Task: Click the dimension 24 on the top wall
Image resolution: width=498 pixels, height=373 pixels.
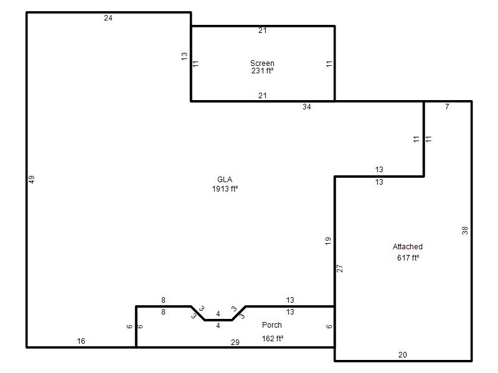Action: click(108, 18)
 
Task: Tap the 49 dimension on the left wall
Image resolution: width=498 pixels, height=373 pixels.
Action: click(32, 180)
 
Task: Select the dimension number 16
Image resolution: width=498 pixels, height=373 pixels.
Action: click(81, 341)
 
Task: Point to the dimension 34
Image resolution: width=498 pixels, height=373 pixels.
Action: click(306, 107)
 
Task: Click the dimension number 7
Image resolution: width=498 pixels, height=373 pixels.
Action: click(447, 106)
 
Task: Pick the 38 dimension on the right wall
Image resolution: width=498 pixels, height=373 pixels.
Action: click(465, 230)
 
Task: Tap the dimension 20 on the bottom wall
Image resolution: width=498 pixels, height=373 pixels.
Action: click(402, 354)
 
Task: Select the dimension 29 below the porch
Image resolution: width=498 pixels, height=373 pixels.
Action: click(235, 343)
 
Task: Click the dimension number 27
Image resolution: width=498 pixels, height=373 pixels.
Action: click(340, 269)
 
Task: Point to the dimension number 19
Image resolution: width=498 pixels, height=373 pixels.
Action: click(328, 241)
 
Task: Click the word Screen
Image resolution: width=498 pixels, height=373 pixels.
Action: click(262, 63)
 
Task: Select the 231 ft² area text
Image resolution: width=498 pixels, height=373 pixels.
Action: click(262, 71)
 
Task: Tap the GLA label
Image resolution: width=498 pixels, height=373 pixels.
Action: click(225, 179)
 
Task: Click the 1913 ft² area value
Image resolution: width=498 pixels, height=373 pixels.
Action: click(225, 189)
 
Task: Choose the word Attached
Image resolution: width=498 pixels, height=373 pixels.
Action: click(408, 246)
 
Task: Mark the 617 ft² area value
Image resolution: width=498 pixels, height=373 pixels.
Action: click(408, 257)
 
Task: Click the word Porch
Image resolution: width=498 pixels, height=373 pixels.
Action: click(272, 325)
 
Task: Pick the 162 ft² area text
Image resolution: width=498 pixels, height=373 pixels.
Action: click(273, 338)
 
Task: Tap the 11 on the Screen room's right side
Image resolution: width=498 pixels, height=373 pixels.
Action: click(329, 64)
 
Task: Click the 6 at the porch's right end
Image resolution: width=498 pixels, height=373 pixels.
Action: click(329, 326)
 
